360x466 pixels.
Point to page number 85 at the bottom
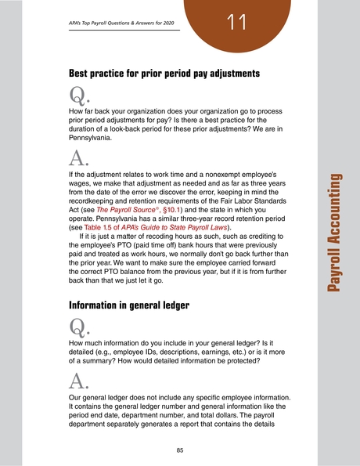[180, 450]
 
